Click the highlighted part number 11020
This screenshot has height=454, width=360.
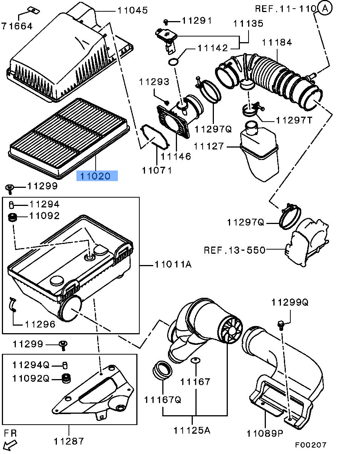[95, 176]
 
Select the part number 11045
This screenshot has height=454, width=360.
[133, 10]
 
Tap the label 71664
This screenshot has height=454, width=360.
[17, 26]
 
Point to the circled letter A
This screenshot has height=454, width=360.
[325, 8]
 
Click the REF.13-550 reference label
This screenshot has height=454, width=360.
[235, 250]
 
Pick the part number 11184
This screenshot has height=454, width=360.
[277, 43]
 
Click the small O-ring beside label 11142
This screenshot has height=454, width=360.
[173, 62]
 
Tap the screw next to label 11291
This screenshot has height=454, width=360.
[166, 21]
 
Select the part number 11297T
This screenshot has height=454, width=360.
[294, 120]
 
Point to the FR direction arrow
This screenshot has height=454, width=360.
[10, 445]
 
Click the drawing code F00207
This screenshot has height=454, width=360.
[311, 445]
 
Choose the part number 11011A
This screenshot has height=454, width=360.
[173, 264]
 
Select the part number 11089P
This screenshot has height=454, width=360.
[265, 434]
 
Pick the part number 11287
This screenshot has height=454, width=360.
[69, 441]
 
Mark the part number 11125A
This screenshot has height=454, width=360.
[192, 431]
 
